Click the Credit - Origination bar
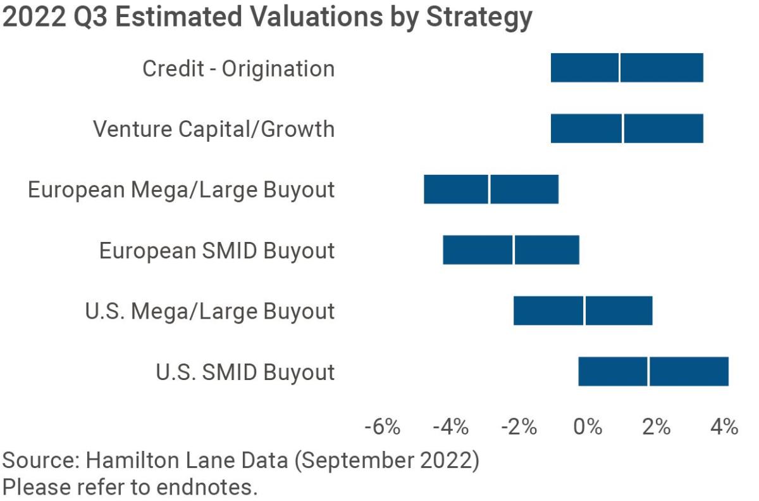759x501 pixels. [661, 68]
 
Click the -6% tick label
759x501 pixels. [383, 426]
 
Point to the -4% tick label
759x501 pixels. [451, 426]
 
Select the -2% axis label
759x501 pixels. [519, 426]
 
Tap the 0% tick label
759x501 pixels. [588, 426]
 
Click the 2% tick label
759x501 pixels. [656, 426]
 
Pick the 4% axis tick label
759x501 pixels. [724, 426]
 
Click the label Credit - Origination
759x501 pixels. [238, 68]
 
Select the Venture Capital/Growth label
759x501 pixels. [214, 129]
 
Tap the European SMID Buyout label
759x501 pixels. [217, 251]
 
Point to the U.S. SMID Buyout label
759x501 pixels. [245, 372]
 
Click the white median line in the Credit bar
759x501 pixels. [619, 68]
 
